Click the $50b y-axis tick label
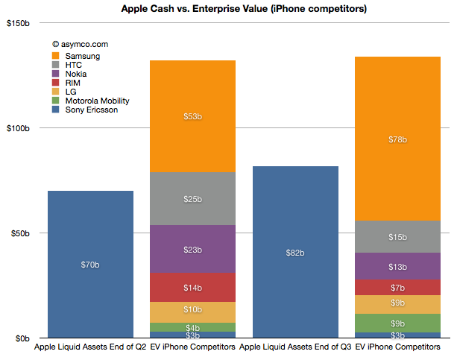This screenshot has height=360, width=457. pyautogui.click(x=19, y=233)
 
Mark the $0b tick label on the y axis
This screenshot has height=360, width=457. pyautogui.click(x=21, y=338)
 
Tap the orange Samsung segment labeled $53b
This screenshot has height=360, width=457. pyautogui.click(x=193, y=116)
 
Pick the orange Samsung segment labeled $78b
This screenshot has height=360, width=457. pyautogui.click(x=398, y=139)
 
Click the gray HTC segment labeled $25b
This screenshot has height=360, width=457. pyautogui.click(x=193, y=199)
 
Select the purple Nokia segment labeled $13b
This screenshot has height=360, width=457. pyautogui.click(x=398, y=267)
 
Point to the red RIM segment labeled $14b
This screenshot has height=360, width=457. pyautogui.click(x=193, y=287)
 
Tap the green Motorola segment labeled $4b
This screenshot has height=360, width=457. pyautogui.click(x=193, y=327)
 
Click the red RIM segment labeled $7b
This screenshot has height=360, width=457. pyautogui.click(x=398, y=288)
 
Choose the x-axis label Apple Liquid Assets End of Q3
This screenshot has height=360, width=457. pyautogui.click(x=295, y=347)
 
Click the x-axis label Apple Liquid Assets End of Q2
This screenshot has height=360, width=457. pyautogui.click(x=89, y=347)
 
